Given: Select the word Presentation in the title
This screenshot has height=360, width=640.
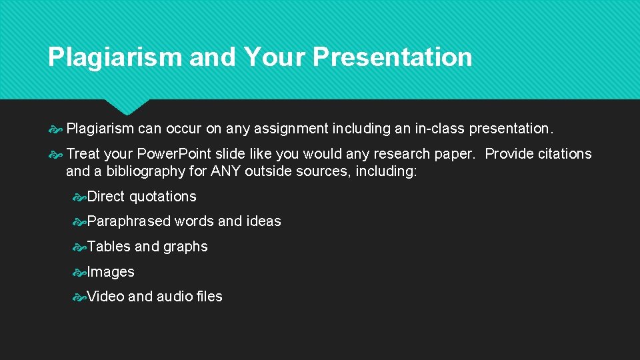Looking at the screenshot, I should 392,57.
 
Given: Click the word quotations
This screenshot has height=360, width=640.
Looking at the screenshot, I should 163,197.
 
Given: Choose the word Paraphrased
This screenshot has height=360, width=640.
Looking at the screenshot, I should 129,221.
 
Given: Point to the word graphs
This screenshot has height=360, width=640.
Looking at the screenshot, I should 185,247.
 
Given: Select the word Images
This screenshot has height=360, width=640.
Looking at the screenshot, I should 111,272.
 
